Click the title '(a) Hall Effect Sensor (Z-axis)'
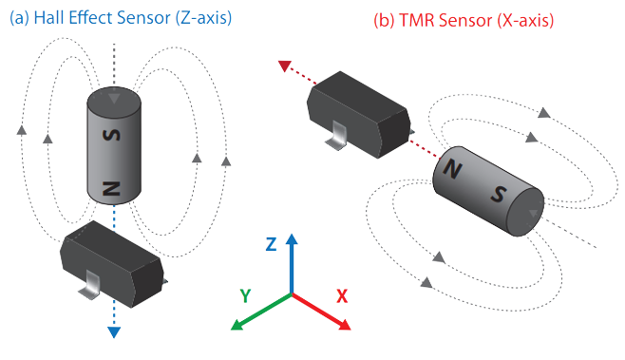[121, 18]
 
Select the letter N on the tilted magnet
[454, 171]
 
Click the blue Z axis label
[271, 243]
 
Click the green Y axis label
[245, 295]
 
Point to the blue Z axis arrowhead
[293, 239]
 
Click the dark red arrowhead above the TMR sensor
[284, 66]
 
